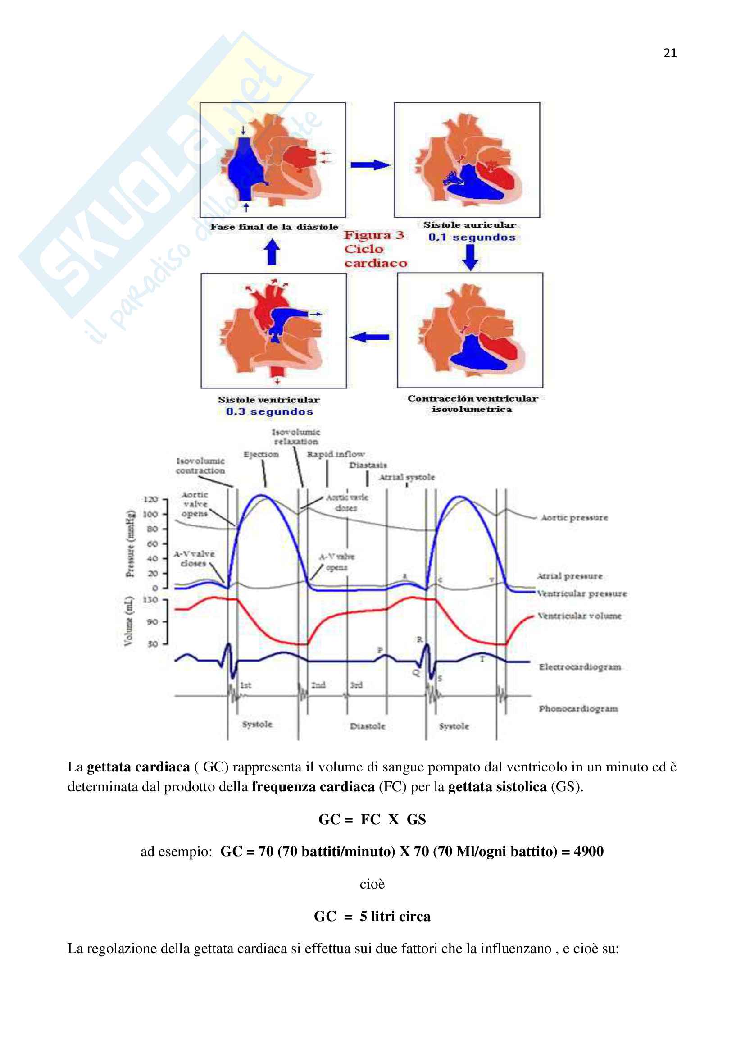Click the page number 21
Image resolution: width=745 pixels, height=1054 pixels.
coord(670,53)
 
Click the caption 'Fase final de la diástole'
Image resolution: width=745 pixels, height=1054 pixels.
coord(274,227)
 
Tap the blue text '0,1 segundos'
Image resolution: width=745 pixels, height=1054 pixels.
coord(472,237)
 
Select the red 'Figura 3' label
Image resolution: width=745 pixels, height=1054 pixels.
coord(374,235)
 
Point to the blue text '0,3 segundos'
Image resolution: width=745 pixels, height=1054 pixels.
coord(269,411)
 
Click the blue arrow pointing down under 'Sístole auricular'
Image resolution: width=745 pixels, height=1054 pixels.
coord(470,257)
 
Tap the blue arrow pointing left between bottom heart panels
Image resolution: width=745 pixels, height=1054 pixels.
coord(369,338)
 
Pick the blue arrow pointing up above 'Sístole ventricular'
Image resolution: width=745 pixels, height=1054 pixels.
coord(273,252)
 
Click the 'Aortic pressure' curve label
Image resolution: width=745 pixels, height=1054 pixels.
coord(574,518)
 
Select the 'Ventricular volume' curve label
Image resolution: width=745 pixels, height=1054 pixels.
coord(579,616)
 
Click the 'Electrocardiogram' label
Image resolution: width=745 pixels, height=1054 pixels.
coord(580,666)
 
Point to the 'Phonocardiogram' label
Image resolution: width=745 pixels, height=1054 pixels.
coord(578,709)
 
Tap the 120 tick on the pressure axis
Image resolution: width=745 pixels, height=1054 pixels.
coord(150,499)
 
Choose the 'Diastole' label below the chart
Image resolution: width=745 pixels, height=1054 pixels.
coord(368,726)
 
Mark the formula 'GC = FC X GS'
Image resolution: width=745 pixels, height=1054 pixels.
coord(372,819)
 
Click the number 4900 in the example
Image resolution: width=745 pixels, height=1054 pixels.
coord(589,852)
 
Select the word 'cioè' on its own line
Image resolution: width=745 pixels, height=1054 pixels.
coord(372,884)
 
